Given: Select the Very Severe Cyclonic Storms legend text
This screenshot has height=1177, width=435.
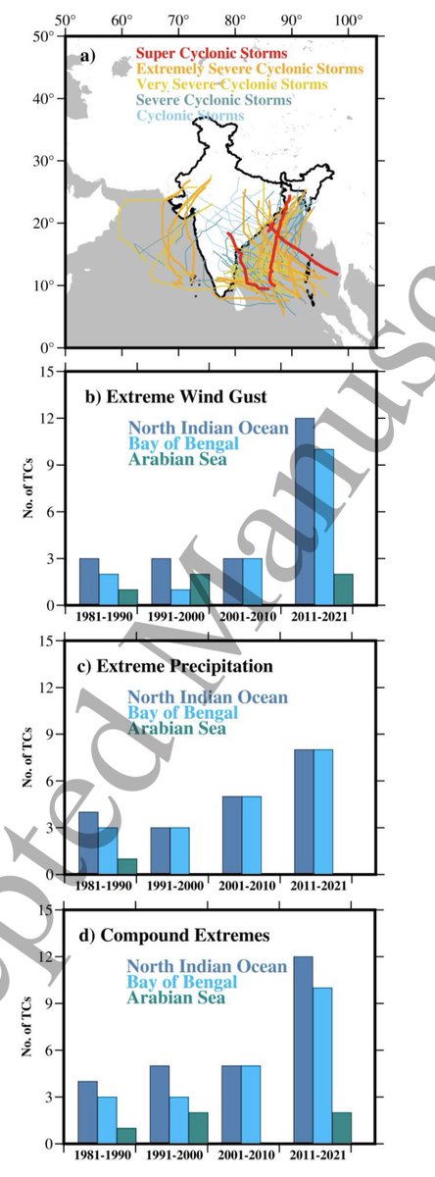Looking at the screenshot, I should [x=217, y=84].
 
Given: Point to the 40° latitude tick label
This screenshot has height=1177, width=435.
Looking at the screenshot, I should [x=40, y=99].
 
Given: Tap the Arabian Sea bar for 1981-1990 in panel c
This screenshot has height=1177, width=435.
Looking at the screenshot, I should [x=126, y=864].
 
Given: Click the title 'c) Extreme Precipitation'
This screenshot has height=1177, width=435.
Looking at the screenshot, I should [x=176, y=666].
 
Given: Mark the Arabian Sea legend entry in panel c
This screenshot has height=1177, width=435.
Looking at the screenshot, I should [x=177, y=729].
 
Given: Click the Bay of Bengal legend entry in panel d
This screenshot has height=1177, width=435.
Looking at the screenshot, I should [x=182, y=982].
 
